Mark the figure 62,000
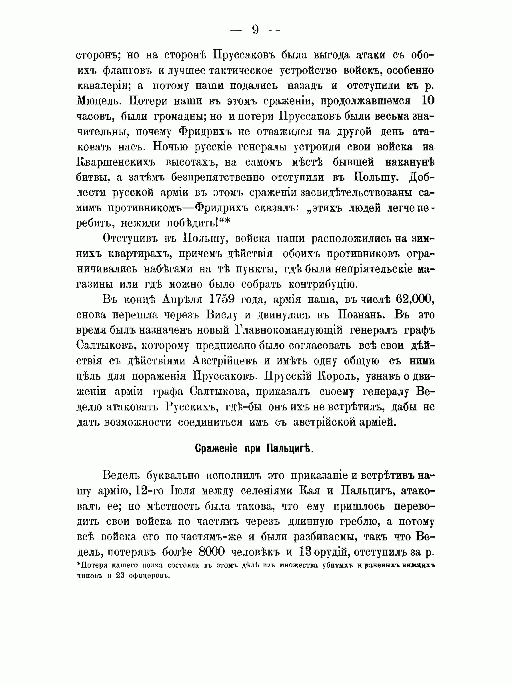(415, 300)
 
